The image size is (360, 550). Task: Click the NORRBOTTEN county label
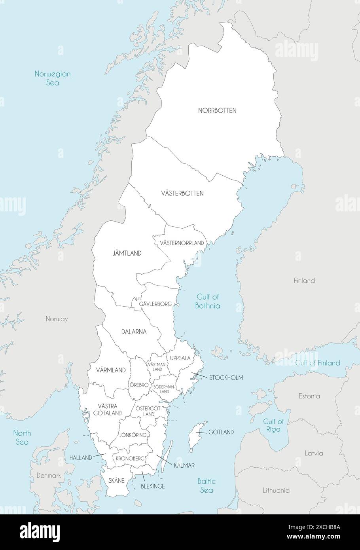(217, 110)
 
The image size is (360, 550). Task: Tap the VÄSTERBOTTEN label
(182, 193)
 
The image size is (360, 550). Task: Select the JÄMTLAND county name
(127, 253)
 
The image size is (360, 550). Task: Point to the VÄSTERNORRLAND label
(182, 243)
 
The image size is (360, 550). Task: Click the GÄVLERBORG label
(155, 304)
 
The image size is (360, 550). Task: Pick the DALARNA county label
(134, 332)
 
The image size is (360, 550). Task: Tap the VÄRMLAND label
(111, 370)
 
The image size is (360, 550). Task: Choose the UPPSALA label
(180, 358)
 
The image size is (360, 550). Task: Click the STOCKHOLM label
(226, 378)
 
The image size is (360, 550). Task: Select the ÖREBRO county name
(139, 385)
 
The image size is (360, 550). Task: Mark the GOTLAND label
(221, 432)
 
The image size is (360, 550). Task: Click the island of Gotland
(196, 436)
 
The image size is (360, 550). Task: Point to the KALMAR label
(184, 466)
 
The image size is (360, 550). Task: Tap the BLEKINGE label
(153, 486)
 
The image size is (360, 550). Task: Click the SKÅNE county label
(116, 481)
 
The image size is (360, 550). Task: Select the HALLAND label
(81, 458)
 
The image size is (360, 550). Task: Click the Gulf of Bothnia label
(208, 301)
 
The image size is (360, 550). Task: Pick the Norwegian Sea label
(52, 78)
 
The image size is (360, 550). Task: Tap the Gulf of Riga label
(273, 425)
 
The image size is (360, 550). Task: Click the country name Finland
(304, 281)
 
